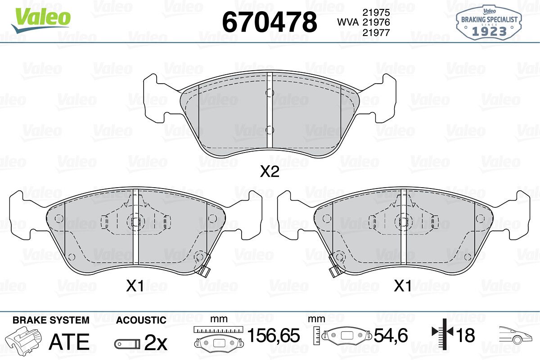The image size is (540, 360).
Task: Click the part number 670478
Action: [270, 22]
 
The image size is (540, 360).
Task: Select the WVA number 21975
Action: [376, 12]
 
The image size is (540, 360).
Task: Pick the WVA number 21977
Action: [376, 32]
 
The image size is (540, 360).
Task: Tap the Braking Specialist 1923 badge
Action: [489, 22]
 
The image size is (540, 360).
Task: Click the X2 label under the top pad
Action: [270, 172]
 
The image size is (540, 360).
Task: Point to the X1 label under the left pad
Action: [135, 286]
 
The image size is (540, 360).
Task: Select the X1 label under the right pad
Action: [403, 286]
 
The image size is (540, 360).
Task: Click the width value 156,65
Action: [274, 335]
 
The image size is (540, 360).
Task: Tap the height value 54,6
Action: [391, 335]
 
